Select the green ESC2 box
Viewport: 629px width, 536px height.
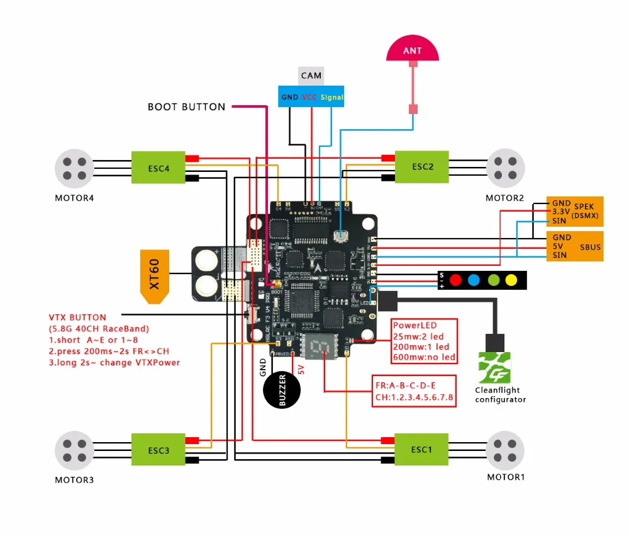click(x=421, y=167)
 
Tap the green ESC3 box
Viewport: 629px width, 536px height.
click(x=158, y=450)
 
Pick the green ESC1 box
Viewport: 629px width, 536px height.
click(x=421, y=449)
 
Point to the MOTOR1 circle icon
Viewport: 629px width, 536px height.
click(x=506, y=449)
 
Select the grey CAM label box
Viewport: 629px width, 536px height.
click(x=311, y=76)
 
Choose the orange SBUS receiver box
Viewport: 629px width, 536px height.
click(x=576, y=246)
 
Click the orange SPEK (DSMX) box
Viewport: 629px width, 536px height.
click(x=576, y=212)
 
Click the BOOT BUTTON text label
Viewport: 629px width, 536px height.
click(x=186, y=107)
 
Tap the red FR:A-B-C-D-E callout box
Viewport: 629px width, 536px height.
click(x=414, y=390)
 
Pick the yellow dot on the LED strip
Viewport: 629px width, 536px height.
click(x=511, y=279)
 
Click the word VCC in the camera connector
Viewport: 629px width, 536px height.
click(x=309, y=97)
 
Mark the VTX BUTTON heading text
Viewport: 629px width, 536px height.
click(x=77, y=317)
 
